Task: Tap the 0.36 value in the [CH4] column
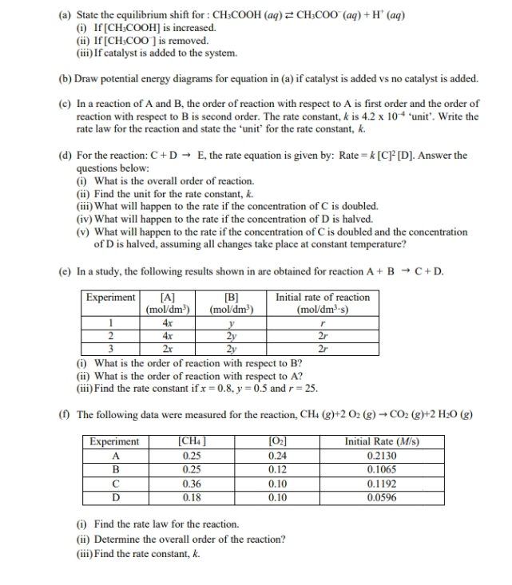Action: coord(192,483)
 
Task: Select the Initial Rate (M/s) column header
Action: coord(381,441)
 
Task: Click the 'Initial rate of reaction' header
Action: coord(323,298)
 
